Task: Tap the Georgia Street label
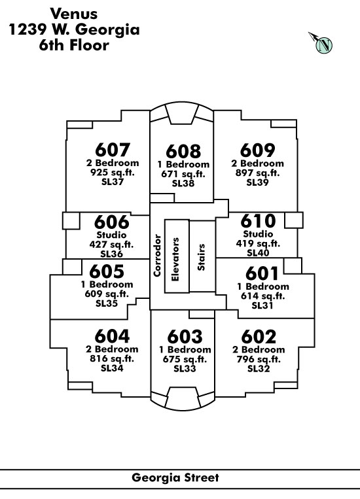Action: click(175, 477)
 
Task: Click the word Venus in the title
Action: click(74, 14)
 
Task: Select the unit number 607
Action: click(113, 150)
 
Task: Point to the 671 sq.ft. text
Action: click(183, 174)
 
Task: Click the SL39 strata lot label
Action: click(257, 182)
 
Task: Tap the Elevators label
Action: click(175, 260)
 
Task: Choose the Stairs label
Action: click(201, 257)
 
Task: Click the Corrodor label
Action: click(157, 255)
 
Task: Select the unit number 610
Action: click(258, 221)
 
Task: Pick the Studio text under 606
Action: click(111, 235)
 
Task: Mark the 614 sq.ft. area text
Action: click(262, 296)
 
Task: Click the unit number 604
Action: click(112, 336)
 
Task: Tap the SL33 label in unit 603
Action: click(185, 368)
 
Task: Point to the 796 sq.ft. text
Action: click(259, 359)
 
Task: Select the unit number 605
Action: click(107, 271)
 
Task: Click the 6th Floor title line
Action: click(74, 45)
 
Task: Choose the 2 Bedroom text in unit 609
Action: click(257, 163)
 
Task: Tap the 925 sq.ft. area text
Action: click(113, 173)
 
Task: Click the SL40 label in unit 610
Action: click(258, 252)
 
